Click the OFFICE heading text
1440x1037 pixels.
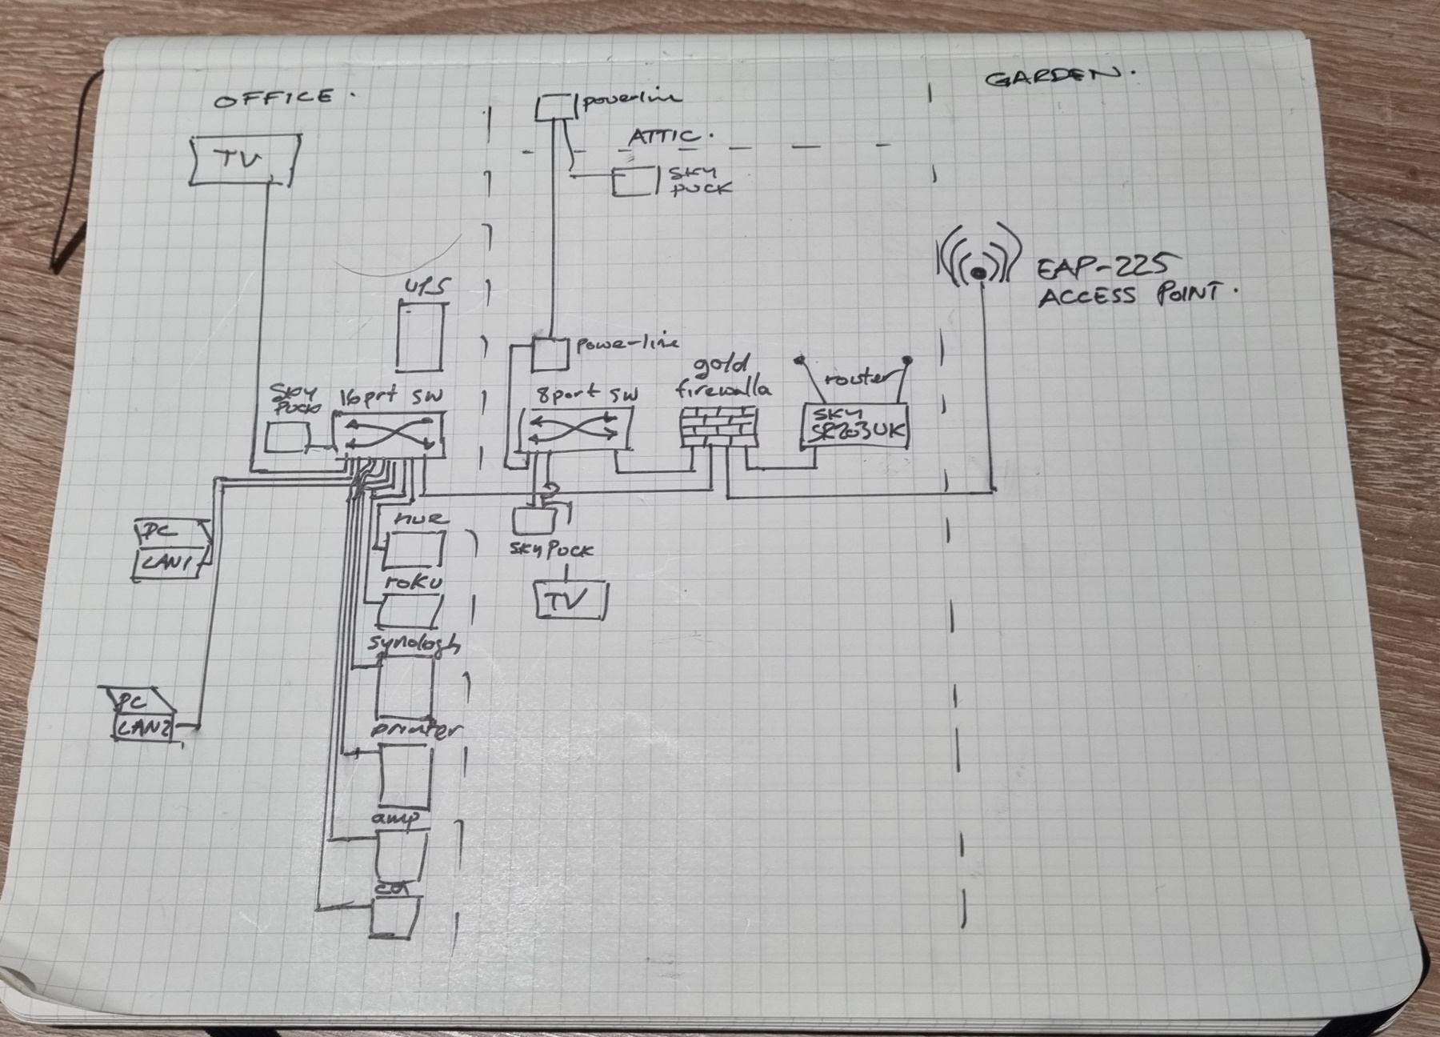point(275,98)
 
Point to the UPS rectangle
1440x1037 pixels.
point(421,336)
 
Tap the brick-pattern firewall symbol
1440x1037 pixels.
point(718,426)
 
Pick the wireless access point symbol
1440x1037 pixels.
point(978,261)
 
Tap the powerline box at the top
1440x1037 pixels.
point(551,107)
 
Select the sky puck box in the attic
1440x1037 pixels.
point(632,182)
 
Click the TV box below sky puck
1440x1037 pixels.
point(571,600)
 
